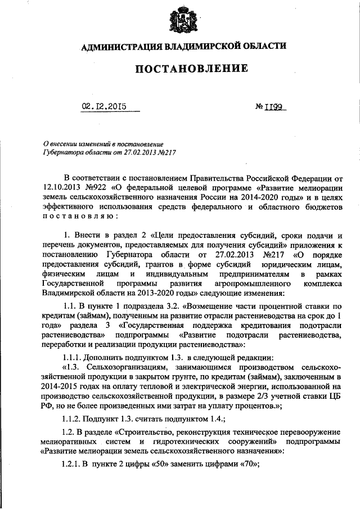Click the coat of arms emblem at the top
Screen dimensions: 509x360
pos(179,22)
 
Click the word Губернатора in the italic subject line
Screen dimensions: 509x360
pos(62,152)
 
